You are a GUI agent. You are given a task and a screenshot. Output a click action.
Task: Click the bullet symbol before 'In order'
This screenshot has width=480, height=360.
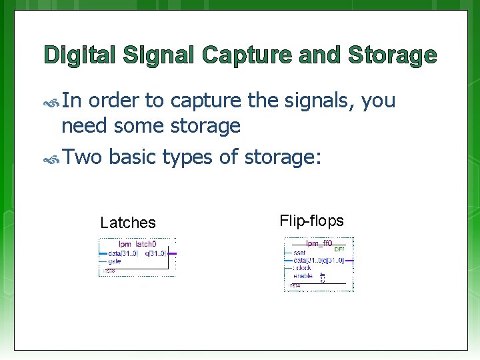tap(52, 102)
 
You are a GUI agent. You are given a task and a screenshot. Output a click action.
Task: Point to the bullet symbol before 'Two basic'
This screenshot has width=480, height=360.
tap(52, 159)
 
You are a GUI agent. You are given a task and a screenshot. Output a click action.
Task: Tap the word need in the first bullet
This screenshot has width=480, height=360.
tap(85, 125)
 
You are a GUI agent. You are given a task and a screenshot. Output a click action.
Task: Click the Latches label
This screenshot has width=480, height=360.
tap(127, 223)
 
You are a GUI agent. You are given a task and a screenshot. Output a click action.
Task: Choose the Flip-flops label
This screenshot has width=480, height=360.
tap(311, 220)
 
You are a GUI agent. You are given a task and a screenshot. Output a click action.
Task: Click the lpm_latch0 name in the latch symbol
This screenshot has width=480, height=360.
tap(137, 245)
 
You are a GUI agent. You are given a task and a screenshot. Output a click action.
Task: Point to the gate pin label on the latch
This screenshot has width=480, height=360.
tap(114, 261)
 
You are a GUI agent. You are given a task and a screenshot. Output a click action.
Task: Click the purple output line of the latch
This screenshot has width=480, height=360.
tap(173, 253)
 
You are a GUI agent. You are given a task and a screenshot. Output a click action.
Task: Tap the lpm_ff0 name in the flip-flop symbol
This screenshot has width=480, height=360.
tap(319, 244)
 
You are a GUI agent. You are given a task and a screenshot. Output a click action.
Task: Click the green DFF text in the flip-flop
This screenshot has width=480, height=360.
tap(339, 249)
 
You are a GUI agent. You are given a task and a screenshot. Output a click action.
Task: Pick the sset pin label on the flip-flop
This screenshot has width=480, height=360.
tap(299, 253)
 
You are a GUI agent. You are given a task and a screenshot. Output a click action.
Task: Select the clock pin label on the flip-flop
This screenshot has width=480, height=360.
tap(303, 268)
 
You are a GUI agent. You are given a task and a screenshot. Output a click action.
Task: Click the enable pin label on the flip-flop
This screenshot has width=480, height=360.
tap(303, 275)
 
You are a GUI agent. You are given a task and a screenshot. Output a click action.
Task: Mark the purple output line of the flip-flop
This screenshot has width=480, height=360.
tap(349, 261)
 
